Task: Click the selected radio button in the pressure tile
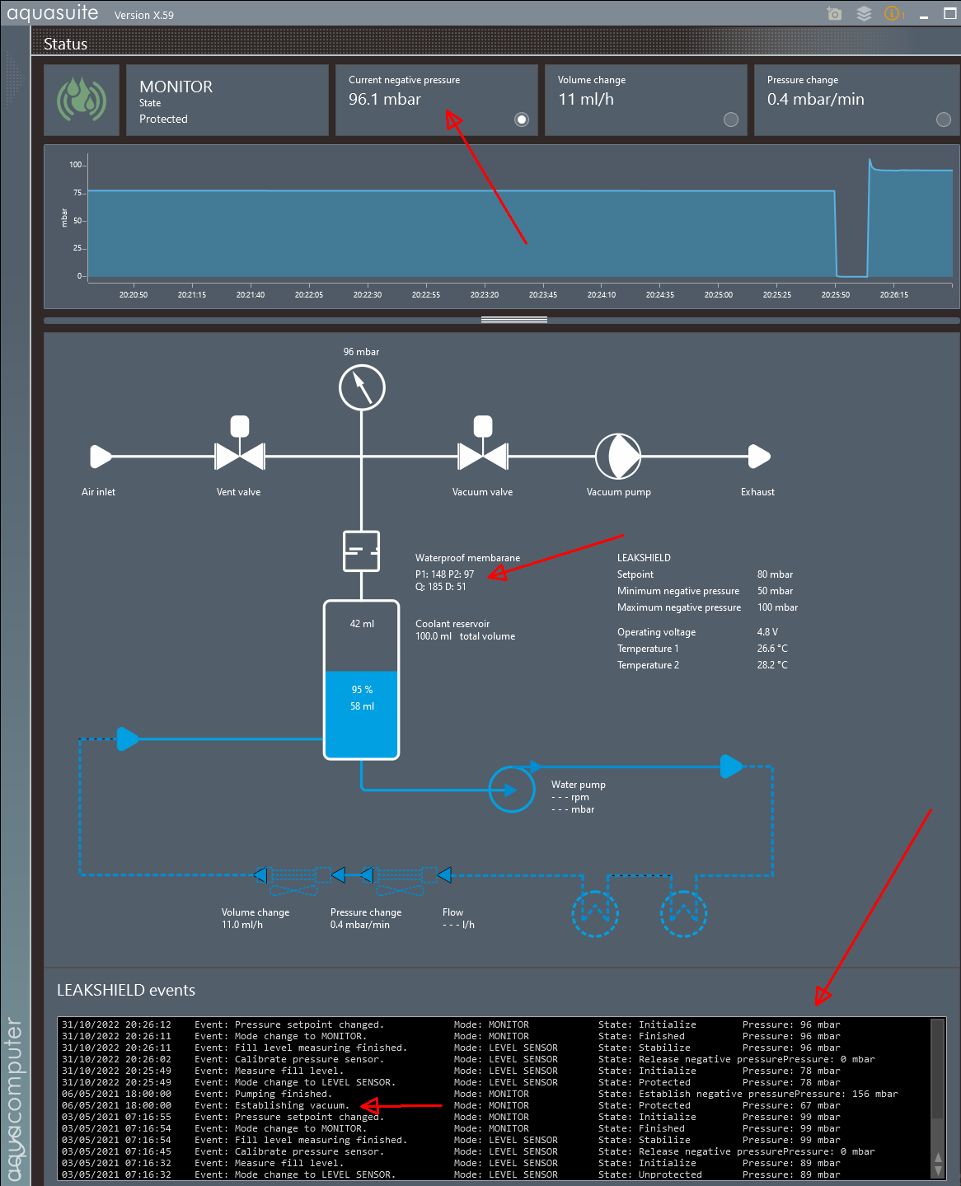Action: point(522,120)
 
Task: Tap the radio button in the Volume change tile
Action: point(731,120)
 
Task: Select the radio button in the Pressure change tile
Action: point(944,120)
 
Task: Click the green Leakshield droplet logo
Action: point(82,100)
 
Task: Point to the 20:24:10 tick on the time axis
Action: point(602,294)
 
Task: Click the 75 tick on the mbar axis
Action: point(78,193)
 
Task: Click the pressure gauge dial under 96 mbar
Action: point(362,387)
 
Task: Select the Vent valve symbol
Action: point(240,455)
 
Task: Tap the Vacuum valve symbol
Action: point(483,455)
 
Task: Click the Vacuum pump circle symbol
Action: point(618,456)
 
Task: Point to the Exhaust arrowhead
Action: point(759,456)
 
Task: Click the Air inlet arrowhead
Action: point(101,456)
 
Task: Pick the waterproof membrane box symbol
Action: point(362,551)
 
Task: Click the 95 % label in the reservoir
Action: point(362,690)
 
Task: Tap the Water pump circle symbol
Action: point(512,790)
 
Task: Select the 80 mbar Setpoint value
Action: point(775,574)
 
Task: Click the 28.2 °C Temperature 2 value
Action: point(772,665)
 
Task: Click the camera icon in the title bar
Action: point(834,14)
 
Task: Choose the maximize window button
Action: point(949,14)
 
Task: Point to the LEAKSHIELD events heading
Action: point(126,990)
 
